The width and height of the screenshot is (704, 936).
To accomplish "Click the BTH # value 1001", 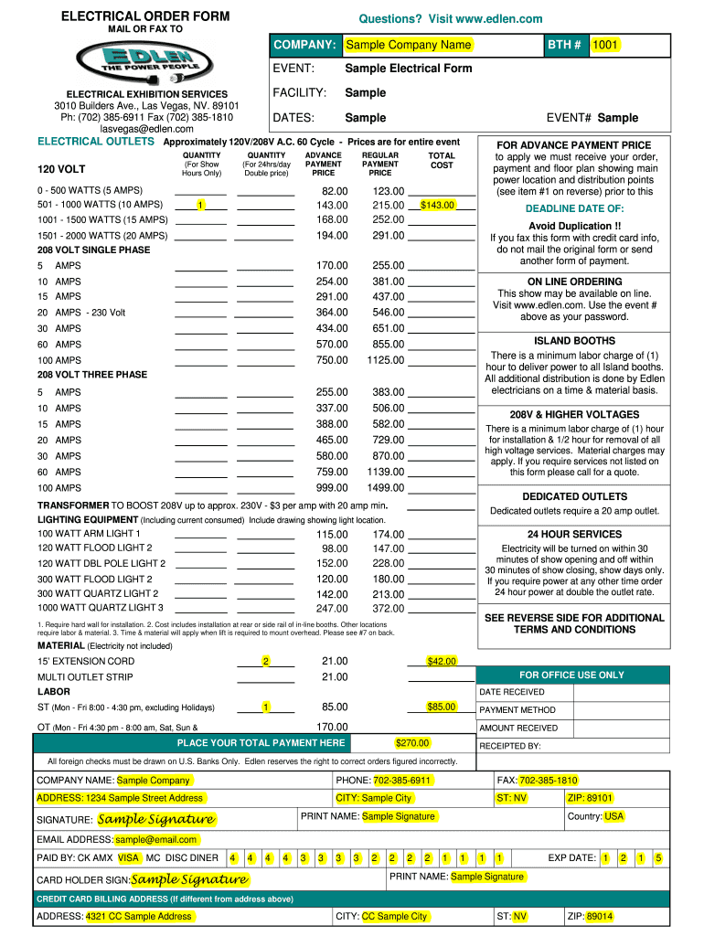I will coord(604,45).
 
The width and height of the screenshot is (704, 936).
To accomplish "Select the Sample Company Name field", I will coord(408,45).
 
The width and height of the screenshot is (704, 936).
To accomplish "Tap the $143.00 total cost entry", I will coord(438,205).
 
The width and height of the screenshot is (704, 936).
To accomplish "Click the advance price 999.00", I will coord(331,488).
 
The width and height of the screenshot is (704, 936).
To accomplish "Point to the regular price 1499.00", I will coord(385,488).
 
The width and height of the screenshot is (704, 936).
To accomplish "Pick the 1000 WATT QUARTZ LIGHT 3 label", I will coord(101,608).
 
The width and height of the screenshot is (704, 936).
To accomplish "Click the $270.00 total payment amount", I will coord(412,743).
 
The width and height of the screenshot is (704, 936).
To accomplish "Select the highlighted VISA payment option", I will coord(129,857).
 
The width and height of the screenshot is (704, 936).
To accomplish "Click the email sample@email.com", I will coord(156,839).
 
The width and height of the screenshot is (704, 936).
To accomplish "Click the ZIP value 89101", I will coord(600,798).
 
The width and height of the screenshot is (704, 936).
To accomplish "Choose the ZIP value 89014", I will coord(600,916).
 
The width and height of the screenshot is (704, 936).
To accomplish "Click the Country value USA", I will coord(613,816).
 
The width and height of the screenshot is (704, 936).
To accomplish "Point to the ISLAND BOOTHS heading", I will coord(574,341).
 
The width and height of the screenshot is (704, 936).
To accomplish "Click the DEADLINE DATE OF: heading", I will coord(574,209).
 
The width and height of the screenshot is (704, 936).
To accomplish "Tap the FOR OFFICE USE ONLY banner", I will coord(571,675).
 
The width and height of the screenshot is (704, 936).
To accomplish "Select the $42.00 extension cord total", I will coord(442,661).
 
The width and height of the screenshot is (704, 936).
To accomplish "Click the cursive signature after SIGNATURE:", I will coord(156,819).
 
